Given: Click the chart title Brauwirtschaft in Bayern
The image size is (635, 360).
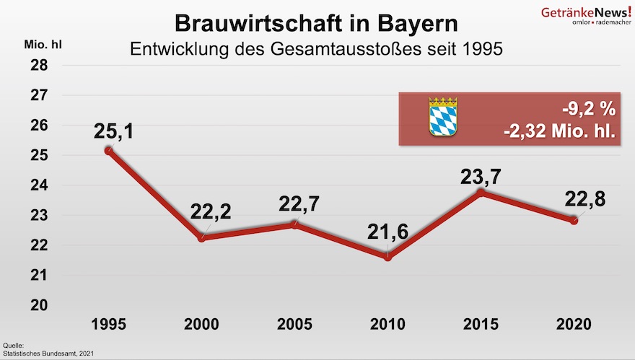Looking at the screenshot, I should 317,23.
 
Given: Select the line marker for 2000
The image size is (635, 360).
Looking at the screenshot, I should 201,237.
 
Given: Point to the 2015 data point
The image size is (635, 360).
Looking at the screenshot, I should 481,193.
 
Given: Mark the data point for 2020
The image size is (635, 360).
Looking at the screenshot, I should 574,220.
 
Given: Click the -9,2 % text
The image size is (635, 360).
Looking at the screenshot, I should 589,109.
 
